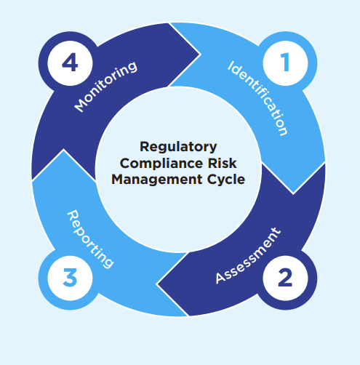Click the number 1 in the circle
[x=284, y=63]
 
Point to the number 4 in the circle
[x=70, y=63]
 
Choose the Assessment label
[x=247, y=257]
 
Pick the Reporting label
[x=90, y=238]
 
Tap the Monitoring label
[x=106, y=87]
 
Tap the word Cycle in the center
[x=223, y=178]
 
